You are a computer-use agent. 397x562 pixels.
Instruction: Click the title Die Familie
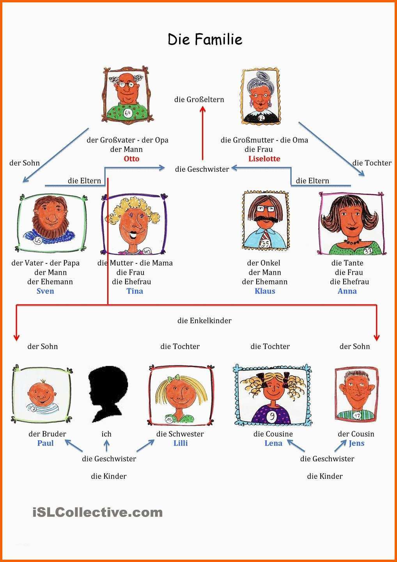coord(205,39)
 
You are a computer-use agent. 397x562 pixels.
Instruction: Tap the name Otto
coord(131,158)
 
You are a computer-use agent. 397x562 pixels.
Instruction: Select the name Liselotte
coord(264,158)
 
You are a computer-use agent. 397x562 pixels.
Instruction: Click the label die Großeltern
coord(199,100)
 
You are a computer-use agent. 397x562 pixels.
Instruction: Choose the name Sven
coord(45,291)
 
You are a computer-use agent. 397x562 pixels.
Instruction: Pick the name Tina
coord(135,291)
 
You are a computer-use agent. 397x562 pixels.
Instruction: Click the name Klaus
coord(265,291)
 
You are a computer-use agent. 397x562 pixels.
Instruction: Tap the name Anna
coord(347,291)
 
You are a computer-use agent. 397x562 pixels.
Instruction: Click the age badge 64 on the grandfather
coord(128,113)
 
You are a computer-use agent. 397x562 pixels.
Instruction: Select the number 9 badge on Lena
coord(272,416)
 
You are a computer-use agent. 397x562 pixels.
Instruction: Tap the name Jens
coord(356,443)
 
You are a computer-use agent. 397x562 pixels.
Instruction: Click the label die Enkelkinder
coord(204,321)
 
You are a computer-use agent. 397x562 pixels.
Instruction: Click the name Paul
coord(45,443)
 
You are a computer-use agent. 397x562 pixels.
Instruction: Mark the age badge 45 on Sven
coord(37,240)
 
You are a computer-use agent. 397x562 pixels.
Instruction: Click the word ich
coord(106,434)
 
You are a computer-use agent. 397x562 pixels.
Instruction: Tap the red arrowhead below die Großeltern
coord(203,109)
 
